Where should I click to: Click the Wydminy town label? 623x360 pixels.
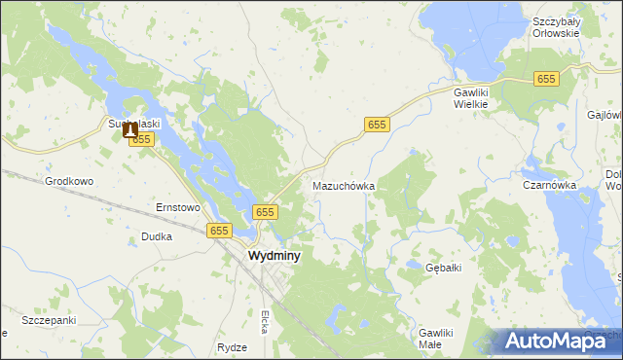(x=274, y=256)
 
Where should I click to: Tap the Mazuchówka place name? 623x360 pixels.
(x=344, y=185)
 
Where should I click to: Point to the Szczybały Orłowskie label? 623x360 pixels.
(x=556, y=26)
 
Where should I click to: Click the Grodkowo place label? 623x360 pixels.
(x=69, y=181)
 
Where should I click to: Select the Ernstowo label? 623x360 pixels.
(x=178, y=207)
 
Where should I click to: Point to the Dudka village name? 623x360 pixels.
(x=157, y=236)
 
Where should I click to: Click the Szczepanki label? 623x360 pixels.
(x=49, y=320)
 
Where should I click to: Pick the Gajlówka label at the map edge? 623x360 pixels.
(x=605, y=114)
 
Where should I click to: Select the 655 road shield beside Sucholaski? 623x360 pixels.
(x=142, y=140)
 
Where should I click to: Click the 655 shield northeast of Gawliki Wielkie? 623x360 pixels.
(x=546, y=79)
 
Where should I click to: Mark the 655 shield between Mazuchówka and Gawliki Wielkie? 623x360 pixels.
(x=378, y=125)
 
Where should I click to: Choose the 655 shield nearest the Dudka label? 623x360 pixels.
(x=219, y=231)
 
